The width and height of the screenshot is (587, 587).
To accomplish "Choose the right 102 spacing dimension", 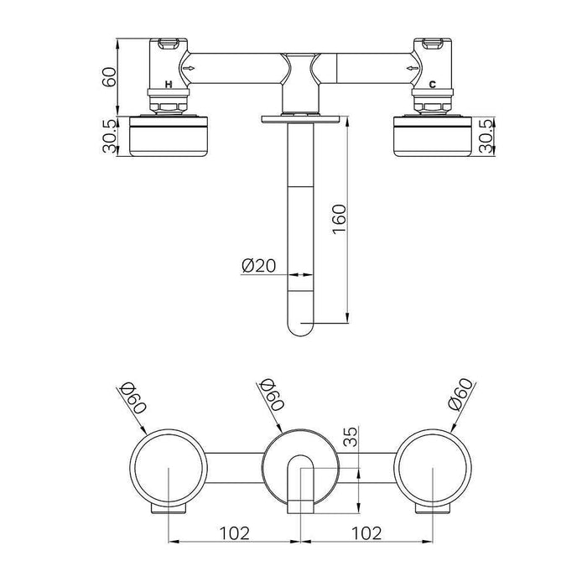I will (x=366, y=532).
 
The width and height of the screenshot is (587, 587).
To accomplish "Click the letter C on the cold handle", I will (x=432, y=86).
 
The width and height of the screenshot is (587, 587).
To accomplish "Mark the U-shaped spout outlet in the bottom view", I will (x=301, y=482).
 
